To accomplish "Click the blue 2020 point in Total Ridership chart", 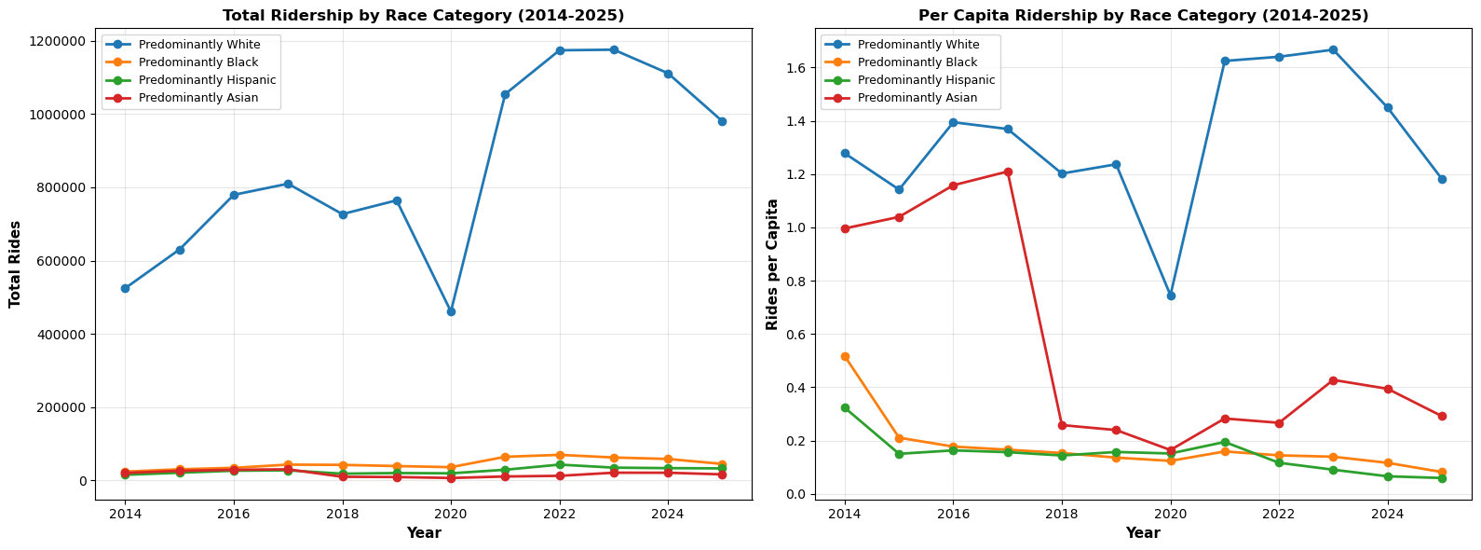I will click(x=451, y=311).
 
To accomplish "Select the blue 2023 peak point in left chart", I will click(x=614, y=49).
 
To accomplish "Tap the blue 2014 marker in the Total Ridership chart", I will click(x=125, y=288).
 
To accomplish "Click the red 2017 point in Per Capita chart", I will click(x=1008, y=172).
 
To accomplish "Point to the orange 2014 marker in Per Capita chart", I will click(x=845, y=356).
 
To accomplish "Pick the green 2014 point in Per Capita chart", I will click(x=845, y=407).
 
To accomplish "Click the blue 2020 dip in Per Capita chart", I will click(x=1171, y=296).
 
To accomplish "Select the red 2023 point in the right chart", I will click(x=1333, y=380).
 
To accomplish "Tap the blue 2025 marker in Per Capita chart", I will click(x=1442, y=179).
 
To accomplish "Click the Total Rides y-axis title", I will click(x=15, y=264).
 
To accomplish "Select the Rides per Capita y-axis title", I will click(x=772, y=264).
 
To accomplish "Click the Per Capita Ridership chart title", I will click(x=1143, y=15).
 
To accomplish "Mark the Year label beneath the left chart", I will click(x=423, y=533).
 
